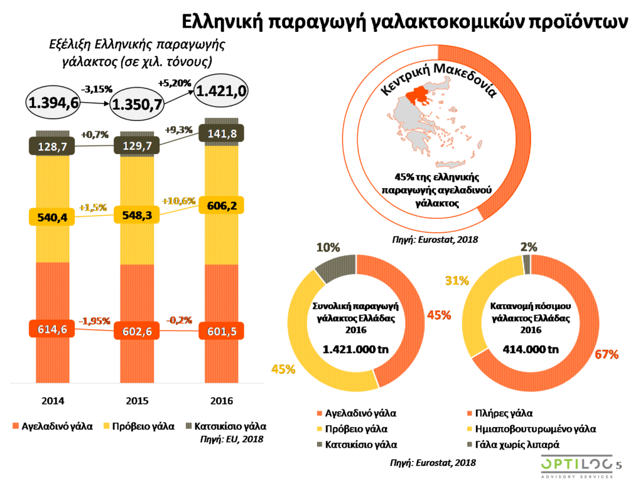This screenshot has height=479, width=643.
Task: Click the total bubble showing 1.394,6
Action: (53, 103)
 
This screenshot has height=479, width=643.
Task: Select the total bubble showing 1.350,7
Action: (137, 105)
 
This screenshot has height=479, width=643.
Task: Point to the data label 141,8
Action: (221, 133)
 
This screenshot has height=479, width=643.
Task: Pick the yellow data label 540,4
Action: (53, 217)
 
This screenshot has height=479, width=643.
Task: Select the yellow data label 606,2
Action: (221, 206)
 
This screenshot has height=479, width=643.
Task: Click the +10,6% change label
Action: (179, 201)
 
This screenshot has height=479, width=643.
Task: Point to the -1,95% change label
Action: (95, 321)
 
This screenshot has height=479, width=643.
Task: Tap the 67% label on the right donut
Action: (607, 354)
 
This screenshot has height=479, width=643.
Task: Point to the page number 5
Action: (619, 465)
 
